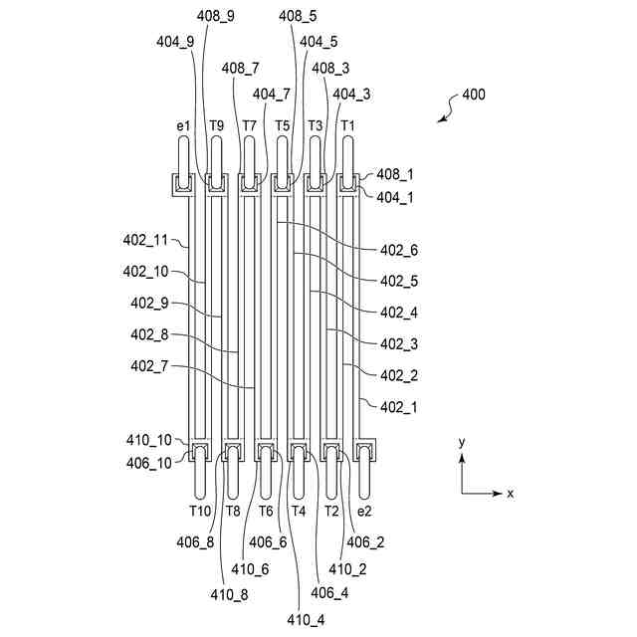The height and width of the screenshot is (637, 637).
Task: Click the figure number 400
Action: pos(473,97)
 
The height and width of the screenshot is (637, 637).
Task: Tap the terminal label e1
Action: pos(183,125)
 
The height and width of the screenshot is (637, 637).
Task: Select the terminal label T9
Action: pos(217,125)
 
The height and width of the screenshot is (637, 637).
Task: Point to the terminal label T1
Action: pos(347,125)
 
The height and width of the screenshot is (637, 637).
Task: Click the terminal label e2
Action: pos(364,511)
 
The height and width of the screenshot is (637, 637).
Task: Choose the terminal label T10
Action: pos(200,511)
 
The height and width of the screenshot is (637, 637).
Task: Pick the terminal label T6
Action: pos(266,511)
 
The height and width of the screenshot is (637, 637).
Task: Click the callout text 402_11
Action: pos(144,240)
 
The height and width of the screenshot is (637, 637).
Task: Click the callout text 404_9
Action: pos(175,42)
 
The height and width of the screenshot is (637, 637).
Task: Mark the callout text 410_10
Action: pos(150,439)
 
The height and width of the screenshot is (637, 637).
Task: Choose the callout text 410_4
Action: pos(306,620)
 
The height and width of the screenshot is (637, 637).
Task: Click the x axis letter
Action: pos(510,493)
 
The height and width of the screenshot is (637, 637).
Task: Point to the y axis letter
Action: pos(462,440)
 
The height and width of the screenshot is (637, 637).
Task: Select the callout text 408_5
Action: pos(298,16)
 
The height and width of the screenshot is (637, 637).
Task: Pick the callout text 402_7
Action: pos(149,366)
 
